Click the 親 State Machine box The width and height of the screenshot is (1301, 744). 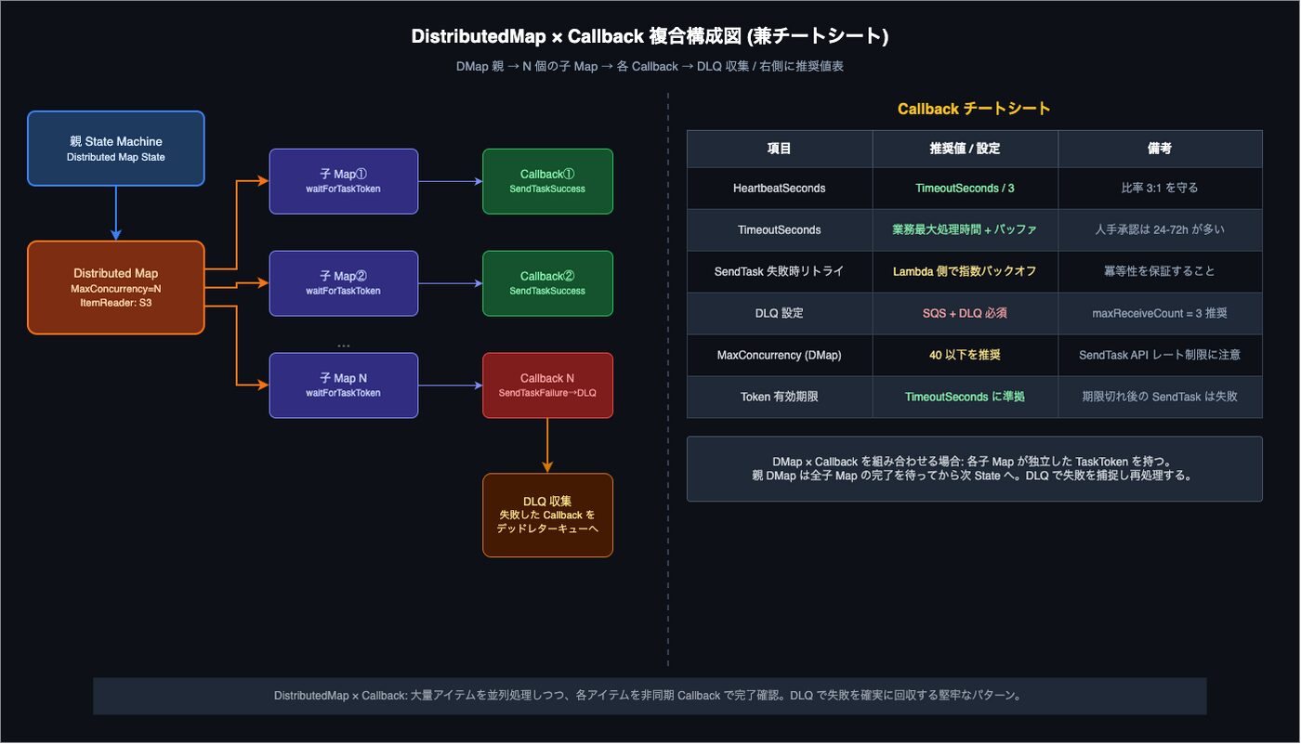pos(115,149)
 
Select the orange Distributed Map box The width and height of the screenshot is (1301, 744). pos(115,287)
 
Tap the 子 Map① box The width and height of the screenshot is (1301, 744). pos(343,181)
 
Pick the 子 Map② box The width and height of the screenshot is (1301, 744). pos(343,283)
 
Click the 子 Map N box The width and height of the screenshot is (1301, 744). pos(343,385)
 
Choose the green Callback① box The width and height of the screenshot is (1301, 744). pos(547,181)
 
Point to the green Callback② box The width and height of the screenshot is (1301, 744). pos(547,283)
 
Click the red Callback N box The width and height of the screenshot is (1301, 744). pos(547,385)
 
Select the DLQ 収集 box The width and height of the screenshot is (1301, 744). pos(547,516)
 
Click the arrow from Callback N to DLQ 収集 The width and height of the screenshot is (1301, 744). pos(547,446)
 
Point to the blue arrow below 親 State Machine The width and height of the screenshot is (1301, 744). pos(115,213)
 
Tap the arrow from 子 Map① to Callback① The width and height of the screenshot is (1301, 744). pos(450,181)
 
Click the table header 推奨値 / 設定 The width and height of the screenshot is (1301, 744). pos(965,149)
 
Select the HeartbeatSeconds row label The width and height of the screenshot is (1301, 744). pos(779,188)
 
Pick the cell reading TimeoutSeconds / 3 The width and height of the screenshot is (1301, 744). pos(965,188)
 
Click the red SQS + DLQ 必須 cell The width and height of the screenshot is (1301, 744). pos(965,313)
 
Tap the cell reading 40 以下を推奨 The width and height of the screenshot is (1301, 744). pos(965,355)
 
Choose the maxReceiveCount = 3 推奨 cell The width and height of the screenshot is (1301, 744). pos(1160,313)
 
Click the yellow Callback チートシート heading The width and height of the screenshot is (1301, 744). pos(974,109)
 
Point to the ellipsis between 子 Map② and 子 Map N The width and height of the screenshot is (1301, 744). pos(343,346)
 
